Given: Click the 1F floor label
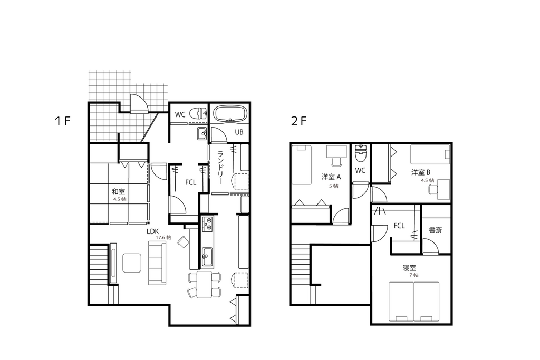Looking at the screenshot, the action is (63, 121).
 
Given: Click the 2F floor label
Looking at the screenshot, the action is (298, 121).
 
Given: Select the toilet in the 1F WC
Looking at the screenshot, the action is (199, 113).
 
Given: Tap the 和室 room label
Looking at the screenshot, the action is (118, 192).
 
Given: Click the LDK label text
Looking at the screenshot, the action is (152, 231).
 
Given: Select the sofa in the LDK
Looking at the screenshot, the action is (157, 262).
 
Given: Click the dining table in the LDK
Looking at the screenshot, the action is (205, 285).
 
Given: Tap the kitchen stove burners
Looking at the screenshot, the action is (208, 224).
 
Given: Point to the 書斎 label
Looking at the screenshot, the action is (435, 230).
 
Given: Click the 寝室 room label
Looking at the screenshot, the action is (409, 267).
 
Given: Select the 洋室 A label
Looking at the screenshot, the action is (331, 177).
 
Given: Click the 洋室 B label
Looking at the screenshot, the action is (420, 172).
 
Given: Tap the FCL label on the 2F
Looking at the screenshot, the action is (399, 226).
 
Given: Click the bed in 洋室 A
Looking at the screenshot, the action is (302, 165).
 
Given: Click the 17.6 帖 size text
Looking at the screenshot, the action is (163, 238).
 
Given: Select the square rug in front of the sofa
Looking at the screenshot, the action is (131, 262).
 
